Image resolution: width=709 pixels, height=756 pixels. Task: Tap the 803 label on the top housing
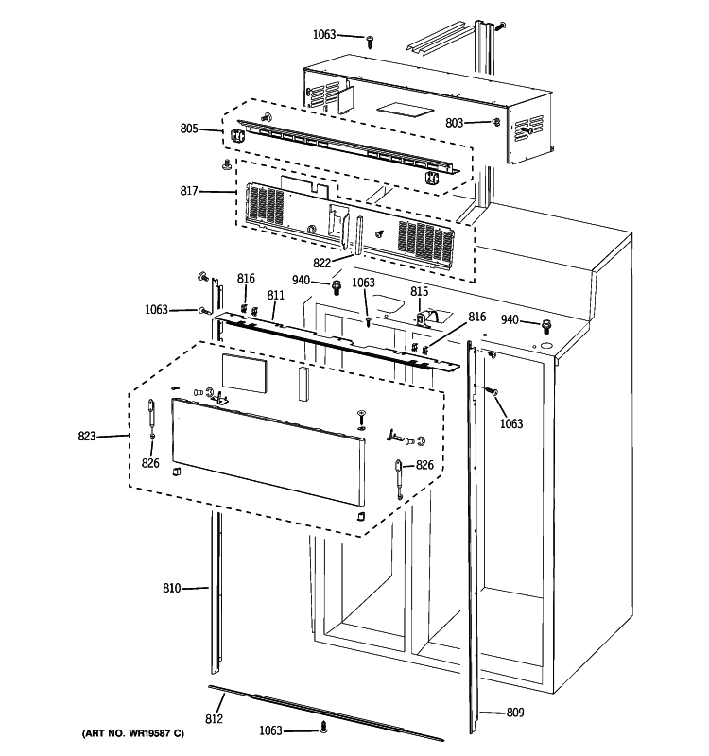point(455,123)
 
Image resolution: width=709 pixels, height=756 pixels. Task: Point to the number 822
point(322,264)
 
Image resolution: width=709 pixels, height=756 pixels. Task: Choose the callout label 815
point(419,291)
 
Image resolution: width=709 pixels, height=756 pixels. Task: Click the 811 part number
point(275,296)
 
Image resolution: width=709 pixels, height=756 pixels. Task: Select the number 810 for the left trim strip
point(171,589)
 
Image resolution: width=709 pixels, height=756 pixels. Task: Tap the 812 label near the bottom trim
point(214,719)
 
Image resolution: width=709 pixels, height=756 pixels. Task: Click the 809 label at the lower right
point(514,713)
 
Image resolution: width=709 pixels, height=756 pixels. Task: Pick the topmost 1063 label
point(324,35)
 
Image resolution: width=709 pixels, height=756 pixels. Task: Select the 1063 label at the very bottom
point(272,730)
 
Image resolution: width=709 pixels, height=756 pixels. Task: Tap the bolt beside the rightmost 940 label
point(546,325)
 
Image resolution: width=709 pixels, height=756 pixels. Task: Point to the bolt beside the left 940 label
point(337,284)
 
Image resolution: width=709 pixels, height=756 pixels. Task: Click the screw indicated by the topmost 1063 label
point(370,40)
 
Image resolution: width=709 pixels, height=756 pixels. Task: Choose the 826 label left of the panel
point(150,462)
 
